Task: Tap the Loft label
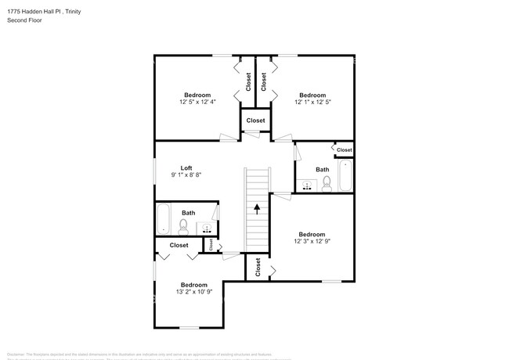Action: [186, 167]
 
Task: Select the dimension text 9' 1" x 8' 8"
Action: [186, 176]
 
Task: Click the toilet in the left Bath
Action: [183, 227]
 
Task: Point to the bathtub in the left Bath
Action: [163, 219]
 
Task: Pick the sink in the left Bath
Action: [208, 228]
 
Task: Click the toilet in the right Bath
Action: [326, 184]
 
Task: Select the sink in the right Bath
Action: [308, 185]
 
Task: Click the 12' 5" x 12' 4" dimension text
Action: [197, 102]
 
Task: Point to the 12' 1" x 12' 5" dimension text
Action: [313, 102]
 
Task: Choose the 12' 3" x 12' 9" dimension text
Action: [312, 242]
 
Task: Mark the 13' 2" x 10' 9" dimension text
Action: [194, 293]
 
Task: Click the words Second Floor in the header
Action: [24, 20]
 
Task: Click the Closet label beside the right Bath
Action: [344, 149]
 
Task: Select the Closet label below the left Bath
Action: [179, 245]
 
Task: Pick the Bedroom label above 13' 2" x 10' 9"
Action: [194, 284]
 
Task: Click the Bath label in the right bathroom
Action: [323, 169]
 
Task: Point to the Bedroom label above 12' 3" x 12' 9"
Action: [312, 234]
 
